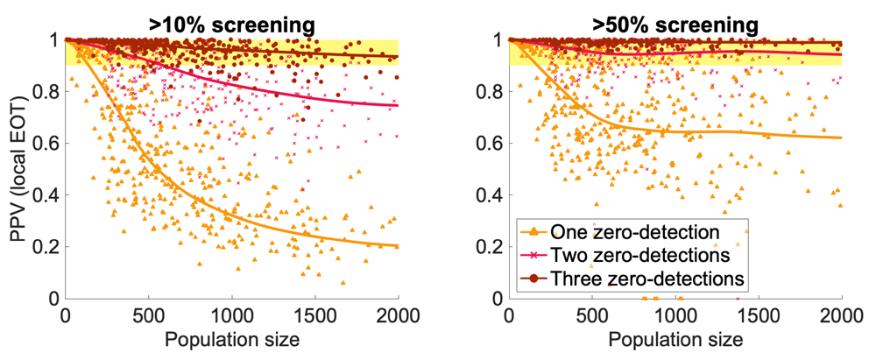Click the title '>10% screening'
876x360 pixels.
[232, 17]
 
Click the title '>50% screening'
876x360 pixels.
[675, 17]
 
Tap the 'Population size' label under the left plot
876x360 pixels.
[232, 338]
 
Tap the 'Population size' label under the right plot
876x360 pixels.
[675, 338]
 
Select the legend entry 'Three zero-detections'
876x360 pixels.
[646, 278]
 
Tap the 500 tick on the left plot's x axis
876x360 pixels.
[149, 316]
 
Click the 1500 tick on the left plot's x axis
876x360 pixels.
[315, 316]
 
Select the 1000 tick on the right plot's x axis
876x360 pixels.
[675, 316]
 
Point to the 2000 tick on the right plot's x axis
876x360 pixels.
[842, 316]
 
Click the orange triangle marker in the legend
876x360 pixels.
[532, 231]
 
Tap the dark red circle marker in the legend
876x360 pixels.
[532, 278]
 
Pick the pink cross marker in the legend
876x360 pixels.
[532, 254]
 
